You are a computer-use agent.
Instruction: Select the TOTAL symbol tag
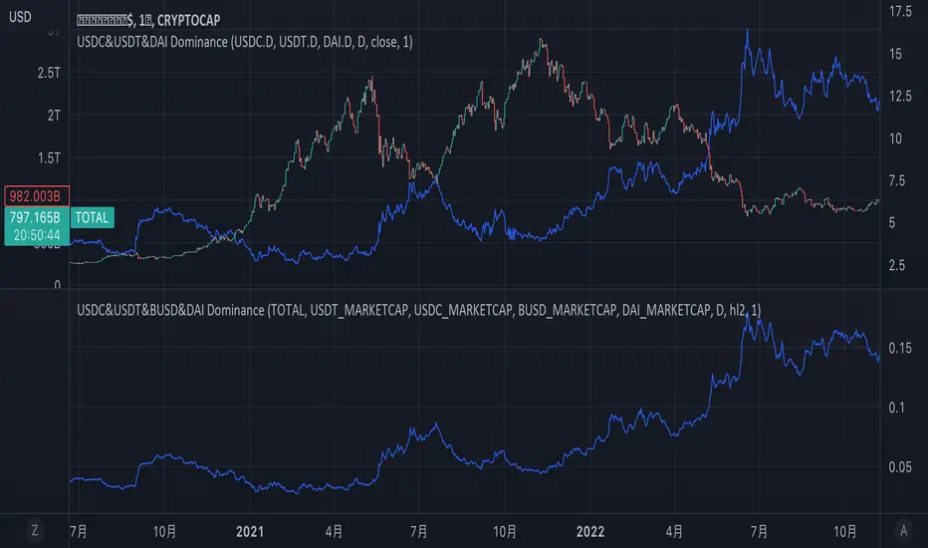coord(92,216)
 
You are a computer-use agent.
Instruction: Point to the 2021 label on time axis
coord(250,531)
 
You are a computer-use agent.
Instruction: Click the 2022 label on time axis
coord(590,531)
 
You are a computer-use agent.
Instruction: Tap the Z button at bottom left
coord(35,531)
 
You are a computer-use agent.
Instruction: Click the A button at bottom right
coord(902,531)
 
